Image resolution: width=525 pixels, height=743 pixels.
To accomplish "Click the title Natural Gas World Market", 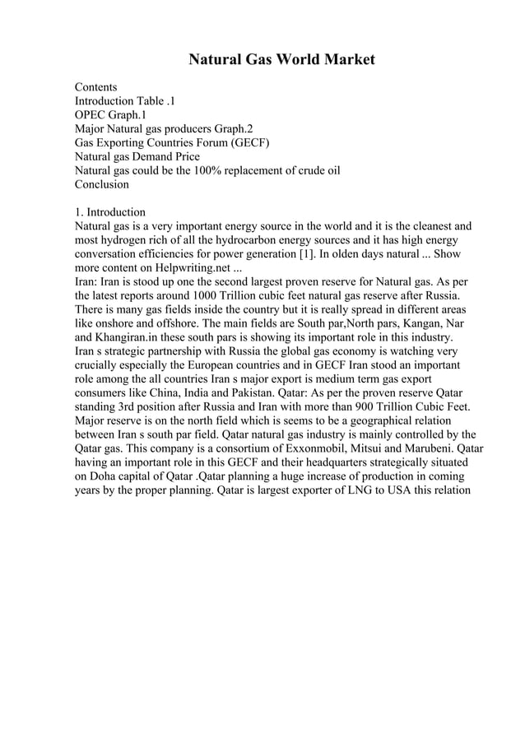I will coord(281,59).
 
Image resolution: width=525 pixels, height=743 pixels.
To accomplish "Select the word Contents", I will coord(95,86).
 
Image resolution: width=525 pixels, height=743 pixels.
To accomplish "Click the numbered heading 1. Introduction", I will coord(110,212).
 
